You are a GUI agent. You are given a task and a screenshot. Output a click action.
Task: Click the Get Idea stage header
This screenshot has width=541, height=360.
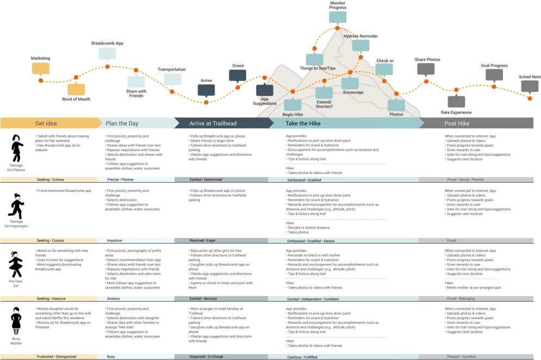47,123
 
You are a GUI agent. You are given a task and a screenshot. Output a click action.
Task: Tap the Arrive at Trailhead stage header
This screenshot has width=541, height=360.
213,123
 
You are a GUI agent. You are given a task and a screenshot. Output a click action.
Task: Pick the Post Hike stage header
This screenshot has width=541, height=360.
442,123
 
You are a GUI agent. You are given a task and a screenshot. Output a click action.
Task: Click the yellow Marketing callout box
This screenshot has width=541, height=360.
41,69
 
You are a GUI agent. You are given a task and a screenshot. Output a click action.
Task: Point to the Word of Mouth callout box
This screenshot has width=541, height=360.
76,89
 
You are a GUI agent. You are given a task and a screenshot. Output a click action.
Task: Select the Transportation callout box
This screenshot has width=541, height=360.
172,79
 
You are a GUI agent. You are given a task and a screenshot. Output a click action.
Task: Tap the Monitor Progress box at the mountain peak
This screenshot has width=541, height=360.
337,17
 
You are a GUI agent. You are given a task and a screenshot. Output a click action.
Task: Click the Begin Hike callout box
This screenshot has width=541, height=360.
293,105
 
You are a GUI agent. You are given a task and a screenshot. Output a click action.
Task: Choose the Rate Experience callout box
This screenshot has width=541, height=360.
456,102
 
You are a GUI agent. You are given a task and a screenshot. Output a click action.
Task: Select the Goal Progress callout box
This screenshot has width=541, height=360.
494,75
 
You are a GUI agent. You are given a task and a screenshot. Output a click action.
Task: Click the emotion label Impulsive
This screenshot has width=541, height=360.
114,240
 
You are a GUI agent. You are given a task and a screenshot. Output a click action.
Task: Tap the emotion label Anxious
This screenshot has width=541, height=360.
113,299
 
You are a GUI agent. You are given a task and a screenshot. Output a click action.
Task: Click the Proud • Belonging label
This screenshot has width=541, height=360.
460,299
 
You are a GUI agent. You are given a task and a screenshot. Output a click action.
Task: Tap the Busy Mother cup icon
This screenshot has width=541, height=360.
16,331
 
